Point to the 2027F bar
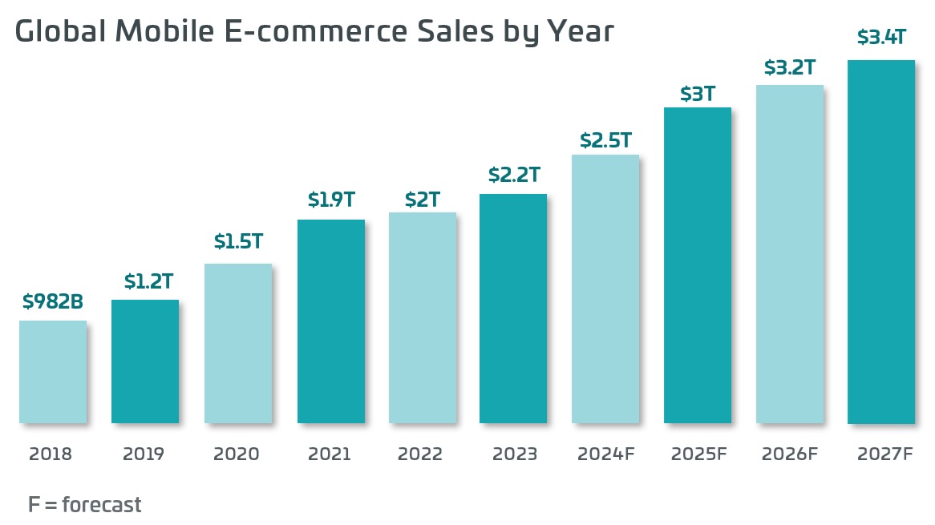[881, 241]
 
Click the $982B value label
[53, 302]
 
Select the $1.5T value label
[238, 241]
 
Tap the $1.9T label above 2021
[331, 200]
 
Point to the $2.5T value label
[605, 141]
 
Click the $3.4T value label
[881, 37]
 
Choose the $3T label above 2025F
[698, 94]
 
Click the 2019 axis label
[144, 454]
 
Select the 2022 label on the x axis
[420, 454]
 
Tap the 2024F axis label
[605, 454]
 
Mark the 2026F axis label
[790, 454]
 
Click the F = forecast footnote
[84, 505]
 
